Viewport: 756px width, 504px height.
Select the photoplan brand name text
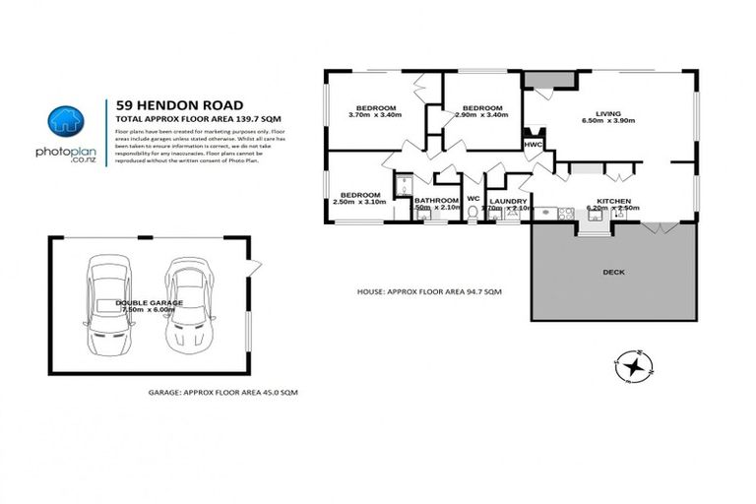coord(66,153)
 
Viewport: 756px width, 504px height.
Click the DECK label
coord(613,272)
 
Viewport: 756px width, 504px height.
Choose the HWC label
coord(533,145)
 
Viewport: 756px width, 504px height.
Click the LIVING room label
coord(609,112)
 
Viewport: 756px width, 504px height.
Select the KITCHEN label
coord(613,201)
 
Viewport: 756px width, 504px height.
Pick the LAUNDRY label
coord(509,201)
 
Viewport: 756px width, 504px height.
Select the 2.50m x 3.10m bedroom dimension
coord(359,203)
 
